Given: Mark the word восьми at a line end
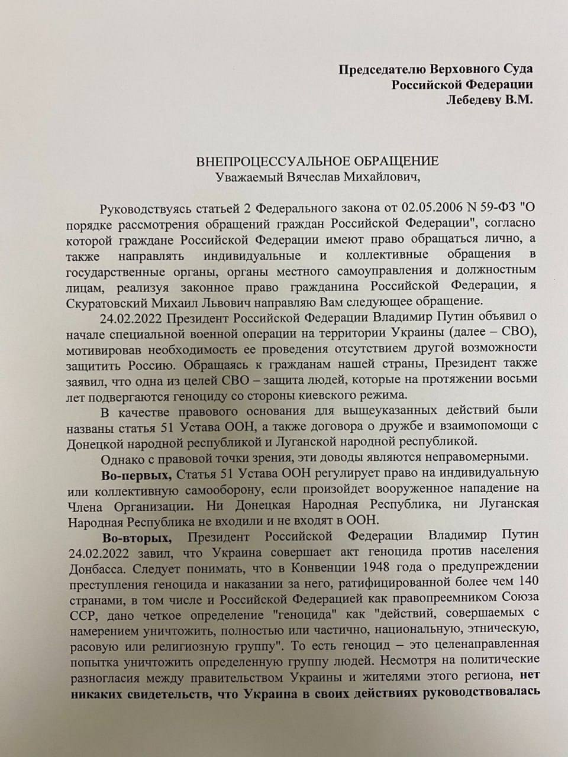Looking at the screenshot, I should [x=517, y=378].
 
